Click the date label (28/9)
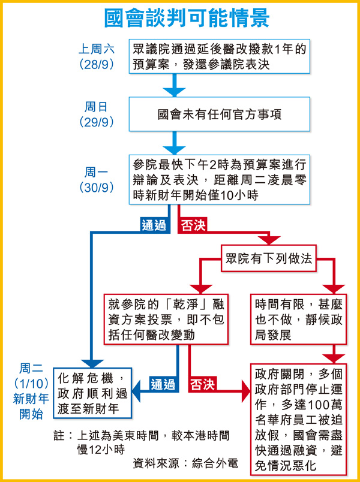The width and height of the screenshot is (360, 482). point(97,64)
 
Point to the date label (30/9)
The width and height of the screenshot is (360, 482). point(97,186)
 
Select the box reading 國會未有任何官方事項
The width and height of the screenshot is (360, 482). point(218,114)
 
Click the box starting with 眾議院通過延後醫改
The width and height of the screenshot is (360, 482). point(218,57)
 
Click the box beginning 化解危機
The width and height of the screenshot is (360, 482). point(92,393)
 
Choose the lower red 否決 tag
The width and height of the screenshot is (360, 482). point(203,384)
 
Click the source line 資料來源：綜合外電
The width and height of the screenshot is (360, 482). point(186,464)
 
